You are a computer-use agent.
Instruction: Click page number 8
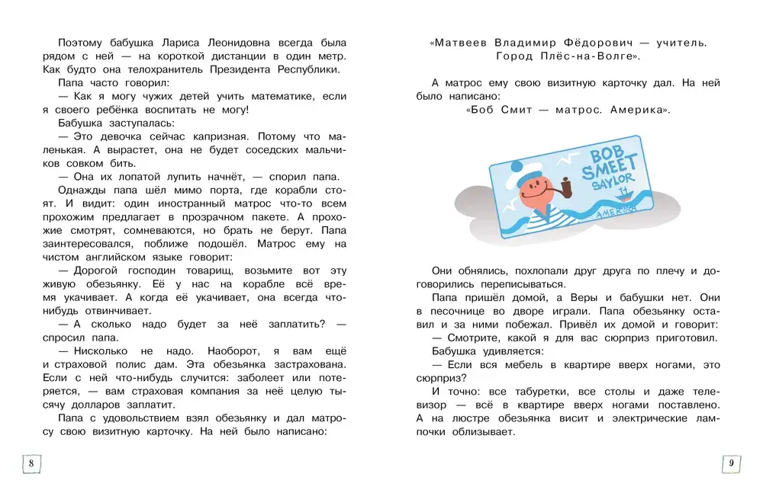tap(31, 463)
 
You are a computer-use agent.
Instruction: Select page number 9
tap(731, 463)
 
